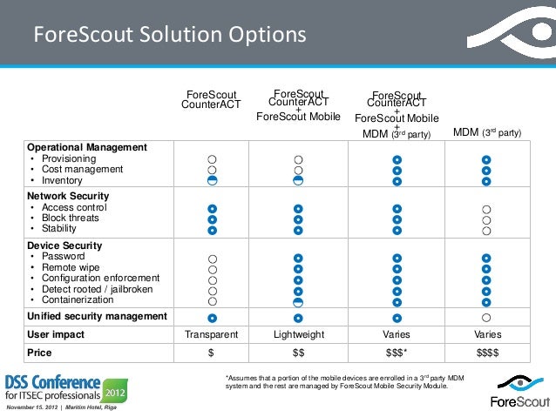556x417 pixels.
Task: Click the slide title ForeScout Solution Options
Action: [169, 36]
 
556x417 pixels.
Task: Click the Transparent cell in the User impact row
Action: [211, 334]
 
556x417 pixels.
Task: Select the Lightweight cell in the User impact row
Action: [298, 334]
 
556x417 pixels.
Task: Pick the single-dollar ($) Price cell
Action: [211, 353]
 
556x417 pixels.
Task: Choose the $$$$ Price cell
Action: [485, 353]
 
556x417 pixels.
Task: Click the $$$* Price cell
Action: [397, 353]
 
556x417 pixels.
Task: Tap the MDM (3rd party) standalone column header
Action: [487, 132]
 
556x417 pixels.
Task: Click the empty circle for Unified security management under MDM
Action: [486, 318]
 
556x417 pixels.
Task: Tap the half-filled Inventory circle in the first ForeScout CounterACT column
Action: [212, 180]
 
